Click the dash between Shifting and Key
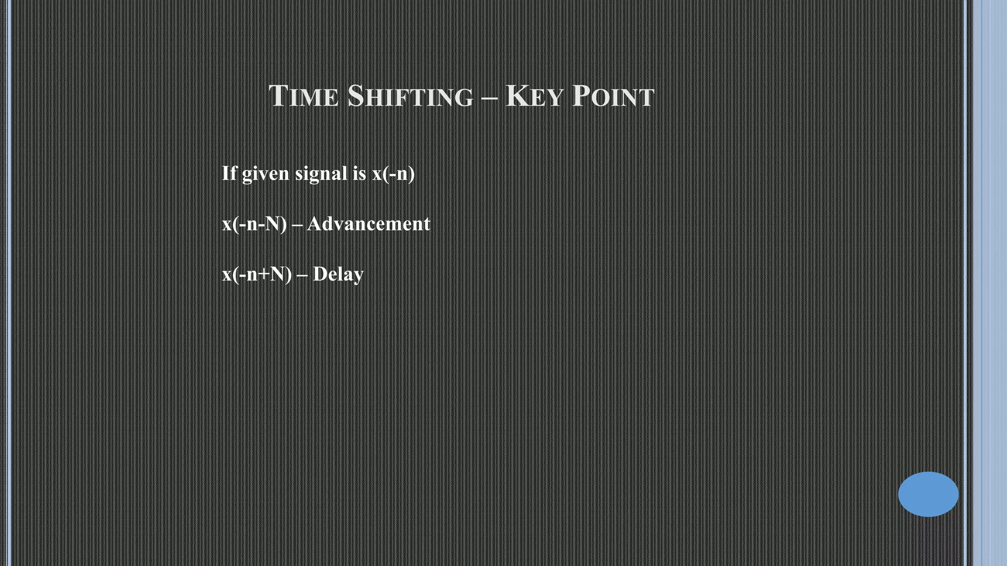[489, 97]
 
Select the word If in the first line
[229, 173]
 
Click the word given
[265, 174]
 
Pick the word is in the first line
[359, 173]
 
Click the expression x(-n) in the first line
[393, 174]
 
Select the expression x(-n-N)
[254, 224]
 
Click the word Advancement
[368, 224]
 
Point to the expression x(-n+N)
[257, 274]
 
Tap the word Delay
[338, 274]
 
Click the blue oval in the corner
[928, 494]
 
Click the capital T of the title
[278, 95]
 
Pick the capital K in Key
[516, 95]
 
